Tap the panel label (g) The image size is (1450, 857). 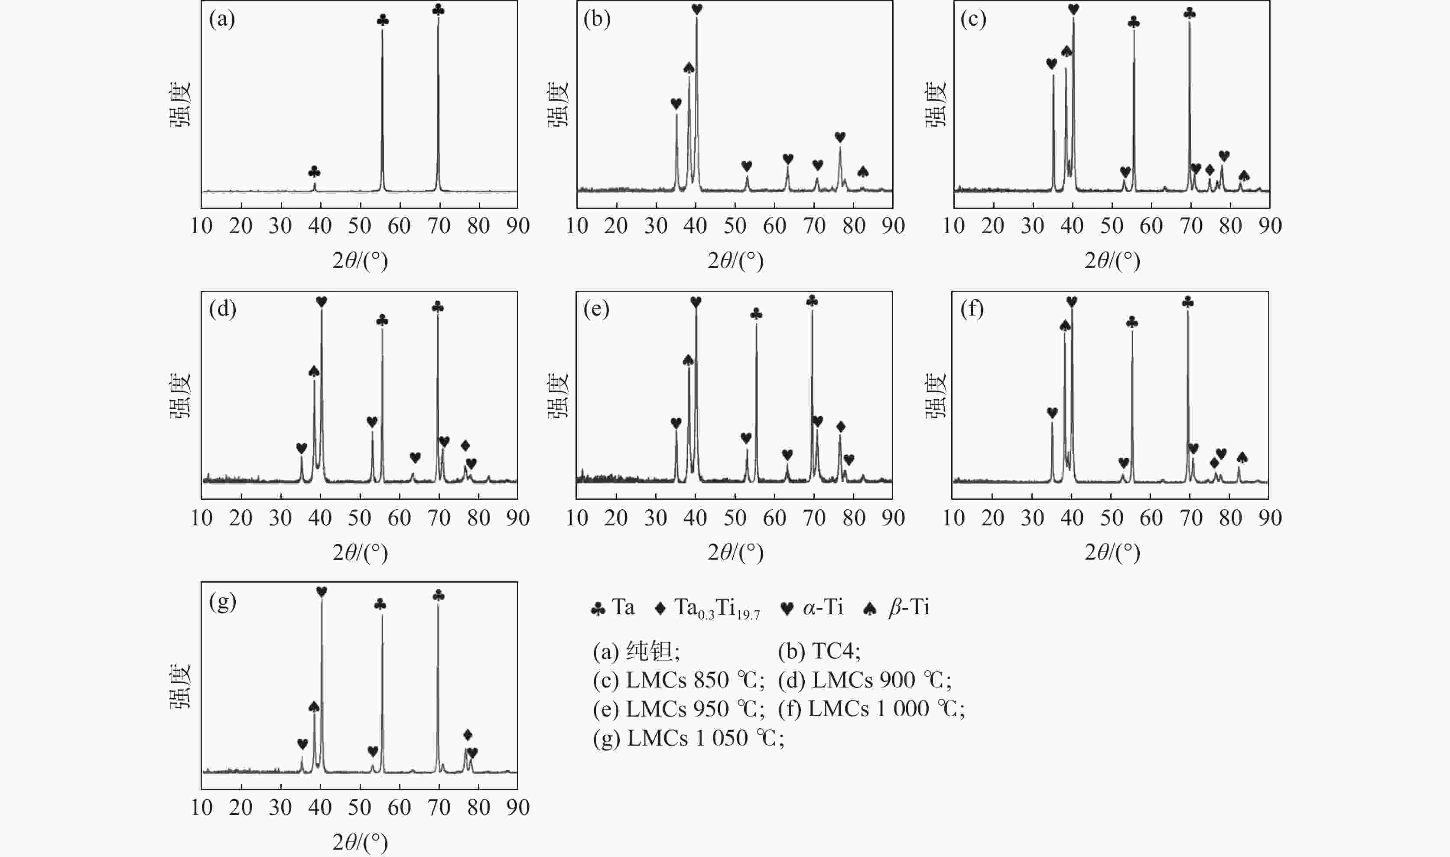pos(223,602)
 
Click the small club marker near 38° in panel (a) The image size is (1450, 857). pos(314,172)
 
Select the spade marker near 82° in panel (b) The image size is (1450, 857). pos(862,172)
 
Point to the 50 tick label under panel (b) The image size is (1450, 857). pos(735,226)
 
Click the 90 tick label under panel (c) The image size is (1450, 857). pos(1270,226)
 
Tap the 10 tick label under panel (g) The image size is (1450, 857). pos(202,807)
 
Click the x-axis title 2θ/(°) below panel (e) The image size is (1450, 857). pos(735,553)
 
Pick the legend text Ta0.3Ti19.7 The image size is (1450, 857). pos(716,609)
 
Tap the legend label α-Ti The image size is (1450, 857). pos(823,607)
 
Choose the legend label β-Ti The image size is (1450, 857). pos(909,607)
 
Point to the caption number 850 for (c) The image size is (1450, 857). pos(711,680)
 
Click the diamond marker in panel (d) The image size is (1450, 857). pos(465,445)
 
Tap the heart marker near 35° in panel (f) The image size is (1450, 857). pos(1052,412)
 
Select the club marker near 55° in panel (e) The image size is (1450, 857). pos(756,313)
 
